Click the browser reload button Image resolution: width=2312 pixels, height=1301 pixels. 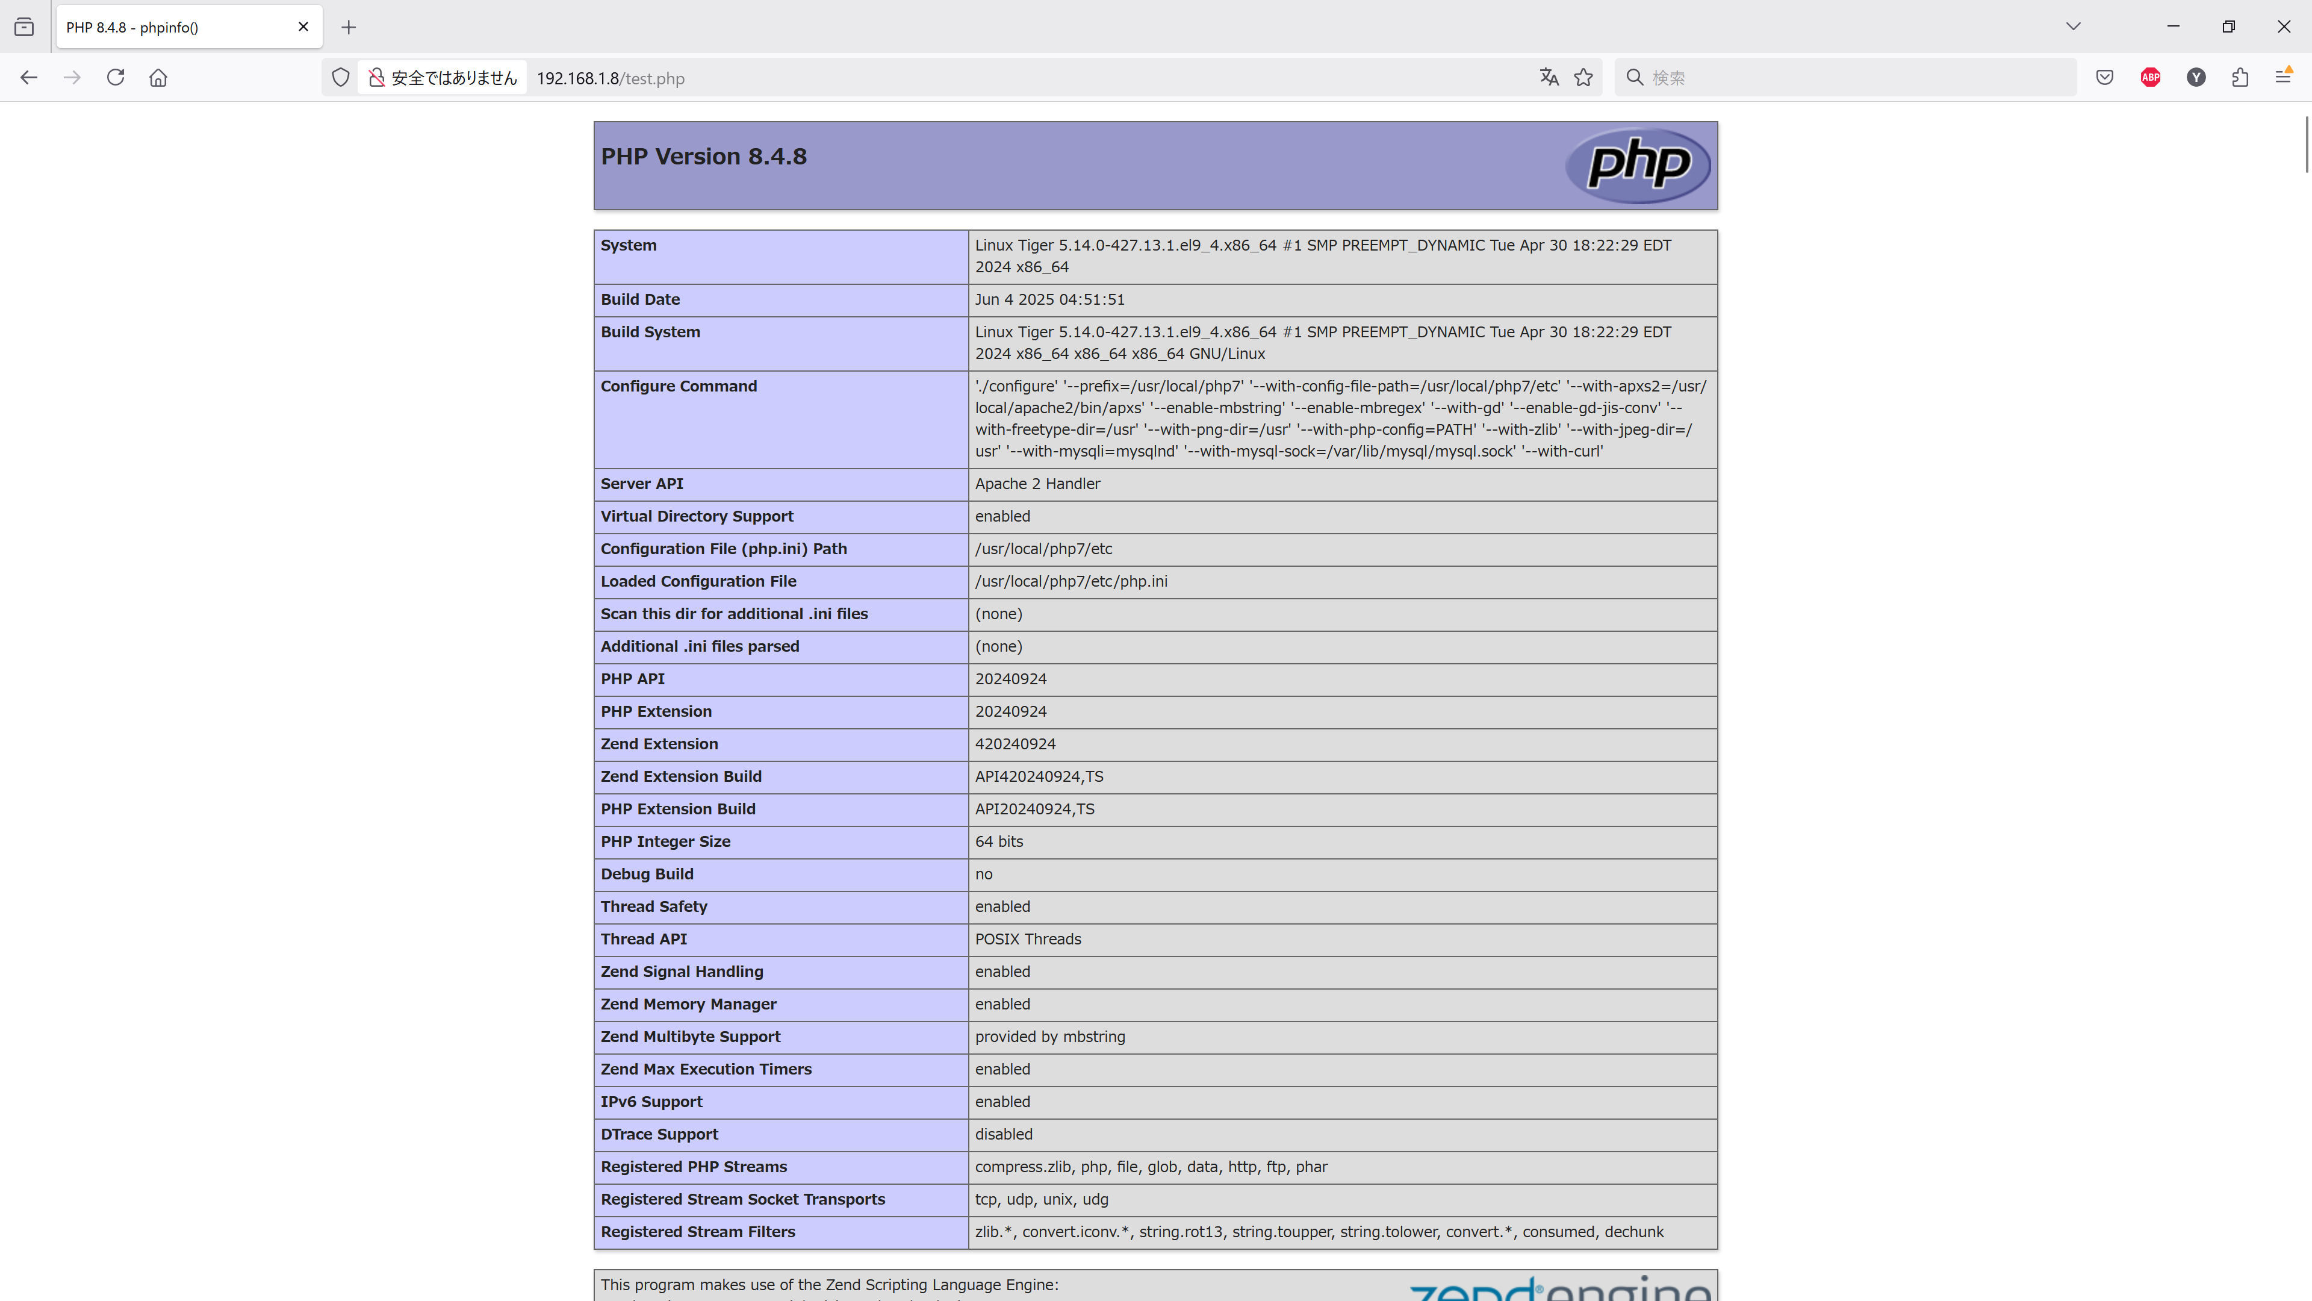click(116, 77)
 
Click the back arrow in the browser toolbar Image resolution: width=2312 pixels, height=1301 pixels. click(29, 77)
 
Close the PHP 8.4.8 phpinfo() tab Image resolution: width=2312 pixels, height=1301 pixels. click(303, 27)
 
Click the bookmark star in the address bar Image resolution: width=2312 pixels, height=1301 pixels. click(1583, 77)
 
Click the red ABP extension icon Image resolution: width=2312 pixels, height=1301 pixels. click(2151, 77)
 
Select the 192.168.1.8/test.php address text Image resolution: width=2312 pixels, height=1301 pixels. click(611, 78)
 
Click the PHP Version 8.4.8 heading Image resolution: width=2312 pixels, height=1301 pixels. click(704, 156)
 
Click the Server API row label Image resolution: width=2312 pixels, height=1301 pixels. click(642, 484)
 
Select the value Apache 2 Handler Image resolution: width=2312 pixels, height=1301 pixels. click(1037, 484)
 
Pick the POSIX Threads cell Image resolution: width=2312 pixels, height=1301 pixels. click(1028, 939)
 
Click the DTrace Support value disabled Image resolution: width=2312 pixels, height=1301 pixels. click(1004, 1135)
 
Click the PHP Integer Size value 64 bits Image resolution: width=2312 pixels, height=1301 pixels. click(999, 842)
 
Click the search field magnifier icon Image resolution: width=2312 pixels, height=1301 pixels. click(1635, 77)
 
